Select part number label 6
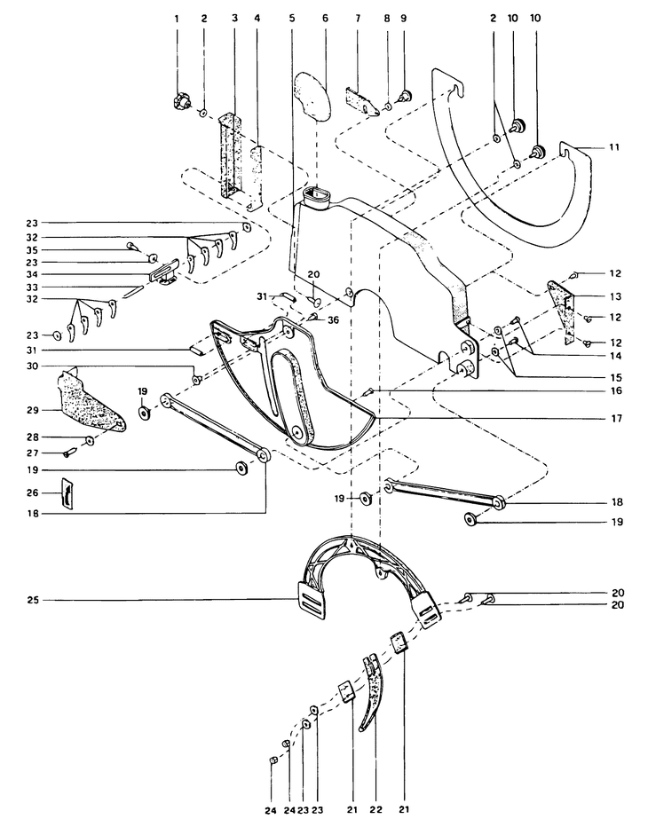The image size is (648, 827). coord(325,19)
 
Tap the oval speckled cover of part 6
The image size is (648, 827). coord(312,97)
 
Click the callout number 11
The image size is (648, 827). coord(613,147)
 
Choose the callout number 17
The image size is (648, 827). coord(616,418)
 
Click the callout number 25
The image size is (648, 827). coord(33,600)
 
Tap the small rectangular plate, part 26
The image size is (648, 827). coord(67,493)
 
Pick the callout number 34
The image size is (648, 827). coord(33,274)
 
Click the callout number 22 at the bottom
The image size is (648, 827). coord(375,809)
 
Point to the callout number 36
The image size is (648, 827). coord(333,320)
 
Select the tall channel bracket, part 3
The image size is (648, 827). coord(231,155)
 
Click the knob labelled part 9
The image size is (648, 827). coord(405,97)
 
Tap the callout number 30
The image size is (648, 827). coord(33,366)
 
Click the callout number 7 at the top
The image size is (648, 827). coord(358,19)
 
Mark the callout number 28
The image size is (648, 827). coord(33,437)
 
